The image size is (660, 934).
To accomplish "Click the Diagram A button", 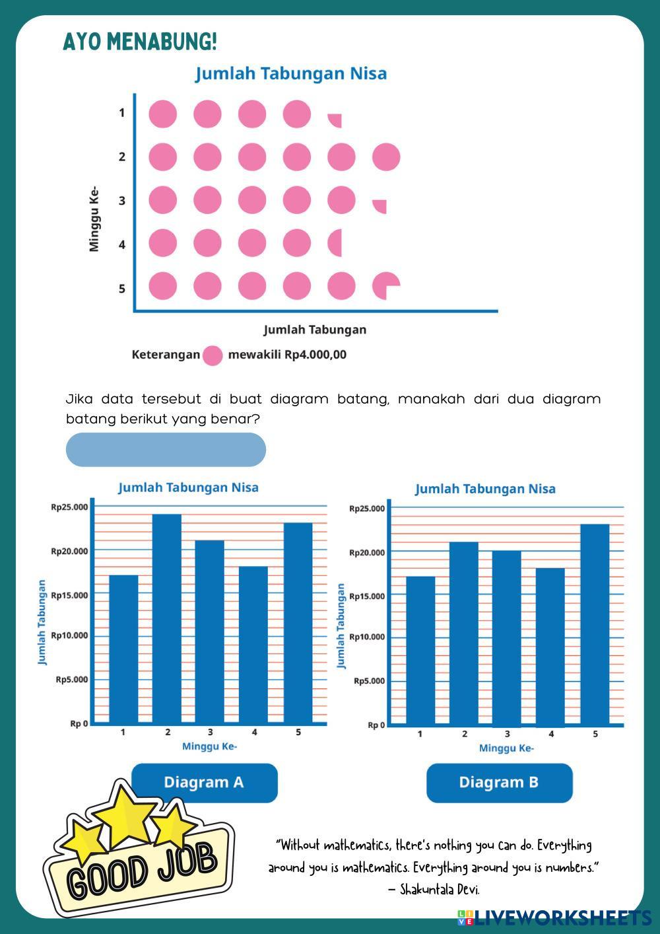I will (x=204, y=783).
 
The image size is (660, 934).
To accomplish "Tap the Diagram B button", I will (x=499, y=783).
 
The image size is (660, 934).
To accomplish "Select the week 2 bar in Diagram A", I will (x=167, y=618).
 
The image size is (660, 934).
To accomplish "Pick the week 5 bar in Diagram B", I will (x=595, y=624).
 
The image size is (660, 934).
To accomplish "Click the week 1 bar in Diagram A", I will (x=123, y=649).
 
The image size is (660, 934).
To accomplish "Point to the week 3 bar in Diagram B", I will (x=506, y=637).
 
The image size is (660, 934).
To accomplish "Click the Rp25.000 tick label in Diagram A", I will (x=69, y=507).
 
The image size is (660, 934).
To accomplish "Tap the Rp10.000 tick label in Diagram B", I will (x=367, y=637).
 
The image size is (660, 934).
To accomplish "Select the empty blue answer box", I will (x=166, y=450).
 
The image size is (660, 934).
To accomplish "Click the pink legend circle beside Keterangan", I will (x=213, y=355).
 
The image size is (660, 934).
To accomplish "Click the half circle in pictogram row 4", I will (x=336, y=243).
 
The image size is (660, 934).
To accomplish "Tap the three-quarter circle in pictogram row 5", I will (x=385, y=286).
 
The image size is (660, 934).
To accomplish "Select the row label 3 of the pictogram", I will (x=122, y=201).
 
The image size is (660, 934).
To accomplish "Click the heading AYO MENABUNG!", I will (x=140, y=42).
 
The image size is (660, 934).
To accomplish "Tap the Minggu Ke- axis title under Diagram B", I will (x=506, y=748).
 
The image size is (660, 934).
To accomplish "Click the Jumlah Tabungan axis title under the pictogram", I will (x=315, y=330).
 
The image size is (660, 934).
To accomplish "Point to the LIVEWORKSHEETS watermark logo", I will (x=554, y=917).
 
